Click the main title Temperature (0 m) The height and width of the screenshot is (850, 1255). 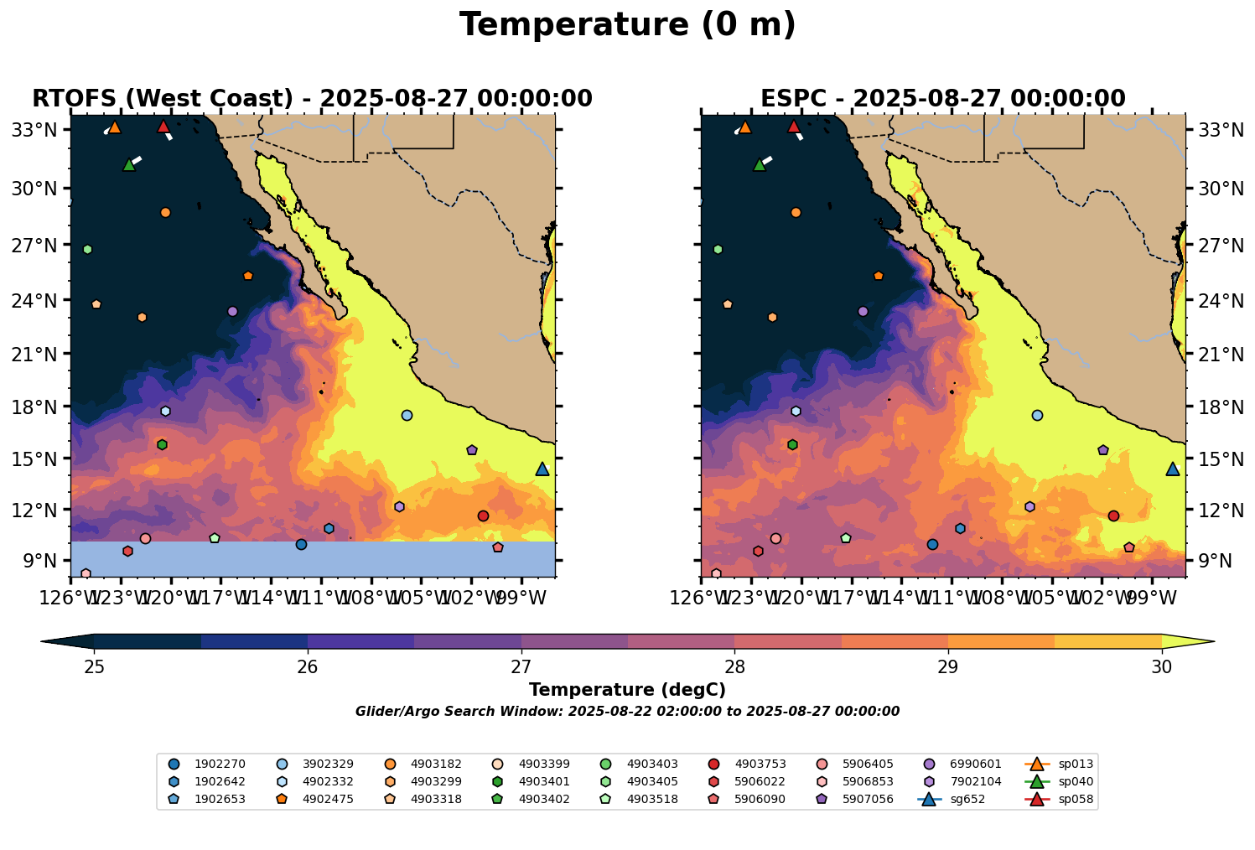point(627,25)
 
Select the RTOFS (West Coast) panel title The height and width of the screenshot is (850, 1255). point(312,99)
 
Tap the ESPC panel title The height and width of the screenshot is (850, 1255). point(942,99)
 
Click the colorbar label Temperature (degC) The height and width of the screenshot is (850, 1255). point(627,690)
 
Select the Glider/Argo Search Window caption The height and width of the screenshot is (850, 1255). point(627,712)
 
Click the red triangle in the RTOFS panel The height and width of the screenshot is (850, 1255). point(163,127)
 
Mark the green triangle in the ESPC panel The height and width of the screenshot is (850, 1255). point(760,164)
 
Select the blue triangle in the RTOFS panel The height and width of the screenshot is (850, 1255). point(542,469)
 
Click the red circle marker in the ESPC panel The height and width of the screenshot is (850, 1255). point(1113,516)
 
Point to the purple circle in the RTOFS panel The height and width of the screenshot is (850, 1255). point(232,311)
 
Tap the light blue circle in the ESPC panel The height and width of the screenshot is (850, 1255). point(1037,415)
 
